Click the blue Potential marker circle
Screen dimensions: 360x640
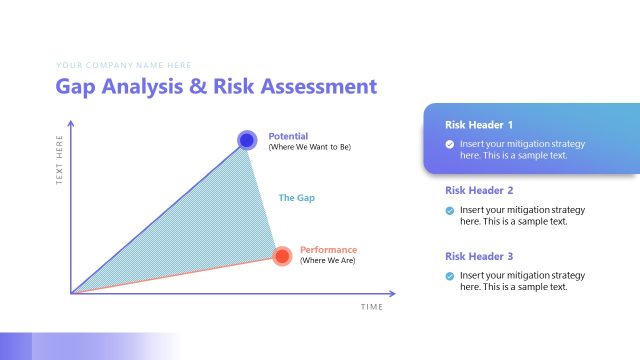pos(246,140)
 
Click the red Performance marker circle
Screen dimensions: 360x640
pos(282,256)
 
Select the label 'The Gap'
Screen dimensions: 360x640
pos(296,198)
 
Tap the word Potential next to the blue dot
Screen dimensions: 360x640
pos(288,136)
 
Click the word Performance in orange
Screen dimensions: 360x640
pos(328,250)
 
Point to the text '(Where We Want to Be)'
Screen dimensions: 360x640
pos(309,147)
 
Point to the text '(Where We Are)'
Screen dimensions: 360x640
pos(327,261)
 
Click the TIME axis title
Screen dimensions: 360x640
pos(372,307)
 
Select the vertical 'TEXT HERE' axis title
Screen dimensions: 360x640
pos(60,159)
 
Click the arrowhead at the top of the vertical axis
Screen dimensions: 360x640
pos(71,123)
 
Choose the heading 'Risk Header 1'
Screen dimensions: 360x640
pos(479,125)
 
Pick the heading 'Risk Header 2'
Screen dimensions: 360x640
pos(479,190)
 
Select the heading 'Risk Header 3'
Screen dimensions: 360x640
pos(479,256)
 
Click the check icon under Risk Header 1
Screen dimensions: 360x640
pos(450,144)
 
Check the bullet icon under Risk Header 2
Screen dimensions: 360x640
pos(450,210)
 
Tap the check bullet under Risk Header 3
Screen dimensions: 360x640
pos(450,275)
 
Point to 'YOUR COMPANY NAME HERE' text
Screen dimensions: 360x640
pos(123,65)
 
